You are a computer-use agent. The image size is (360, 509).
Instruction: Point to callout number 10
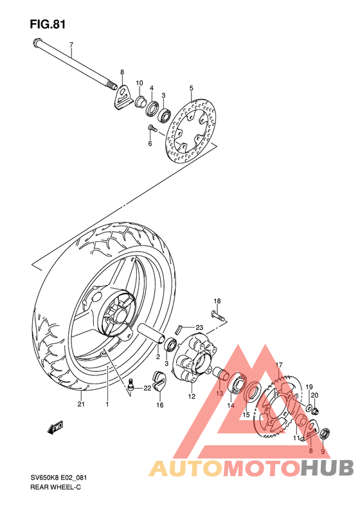(x=139, y=83)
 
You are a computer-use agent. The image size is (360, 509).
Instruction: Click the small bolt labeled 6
(x=151, y=129)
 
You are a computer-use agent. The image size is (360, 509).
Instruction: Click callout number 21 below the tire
(x=81, y=405)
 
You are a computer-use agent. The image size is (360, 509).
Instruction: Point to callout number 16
(x=159, y=405)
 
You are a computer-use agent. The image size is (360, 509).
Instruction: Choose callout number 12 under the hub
(x=192, y=397)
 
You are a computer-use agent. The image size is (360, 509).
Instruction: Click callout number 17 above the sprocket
(x=280, y=365)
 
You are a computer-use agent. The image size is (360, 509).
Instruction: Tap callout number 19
(x=309, y=387)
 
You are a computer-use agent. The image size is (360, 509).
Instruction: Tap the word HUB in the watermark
(x=327, y=467)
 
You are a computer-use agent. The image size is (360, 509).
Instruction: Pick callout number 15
(x=246, y=415)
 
